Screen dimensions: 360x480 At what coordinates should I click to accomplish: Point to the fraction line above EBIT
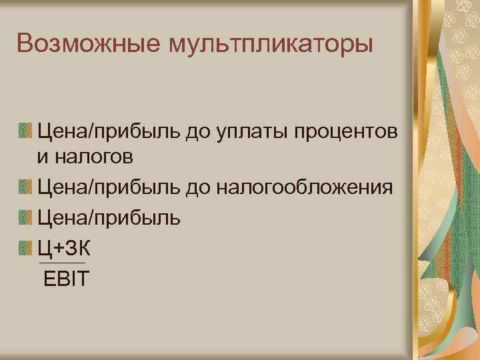(63, 263)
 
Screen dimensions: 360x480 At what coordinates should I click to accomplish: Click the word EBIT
(65, 278)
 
